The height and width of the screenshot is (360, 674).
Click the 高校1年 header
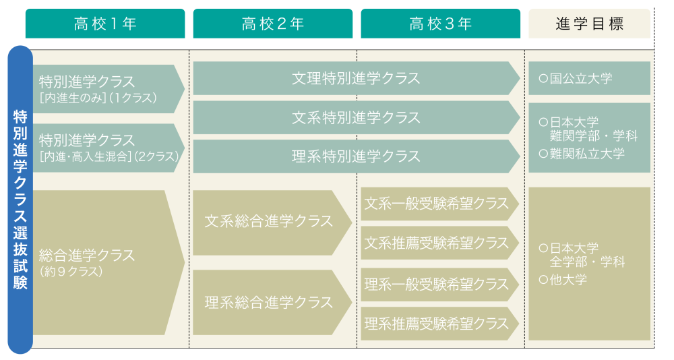click(105, 24)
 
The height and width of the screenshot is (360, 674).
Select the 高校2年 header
click(273, 24)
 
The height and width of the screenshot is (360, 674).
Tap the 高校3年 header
click(441, 24)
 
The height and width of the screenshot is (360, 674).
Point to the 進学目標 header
click(589, 24)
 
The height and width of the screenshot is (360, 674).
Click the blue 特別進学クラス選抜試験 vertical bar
click(20, 200)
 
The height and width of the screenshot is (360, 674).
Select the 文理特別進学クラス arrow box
click(357, 78)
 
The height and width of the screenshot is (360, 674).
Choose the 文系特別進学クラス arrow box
click(357, 117)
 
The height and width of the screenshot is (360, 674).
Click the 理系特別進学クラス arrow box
click(357, 156)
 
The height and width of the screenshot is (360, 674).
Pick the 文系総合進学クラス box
click(272, 222)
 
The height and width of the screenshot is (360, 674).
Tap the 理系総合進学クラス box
click(272, 303)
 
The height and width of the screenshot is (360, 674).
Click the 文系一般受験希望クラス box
click(440, 204)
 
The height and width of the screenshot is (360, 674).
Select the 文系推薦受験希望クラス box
click(440, 243)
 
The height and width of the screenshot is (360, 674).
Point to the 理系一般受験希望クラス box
click(440, 284)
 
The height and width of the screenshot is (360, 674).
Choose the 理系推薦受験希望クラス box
click(440, 324)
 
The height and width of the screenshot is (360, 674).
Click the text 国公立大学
click(581, 79)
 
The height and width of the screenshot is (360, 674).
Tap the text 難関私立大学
click(587, 154)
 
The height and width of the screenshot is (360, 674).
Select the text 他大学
click(568, 280)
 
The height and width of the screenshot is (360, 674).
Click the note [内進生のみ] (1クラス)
click(98, 98)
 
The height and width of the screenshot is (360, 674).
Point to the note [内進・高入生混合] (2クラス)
click(109, 156)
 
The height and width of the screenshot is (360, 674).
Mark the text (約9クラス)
click(71, 272)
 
